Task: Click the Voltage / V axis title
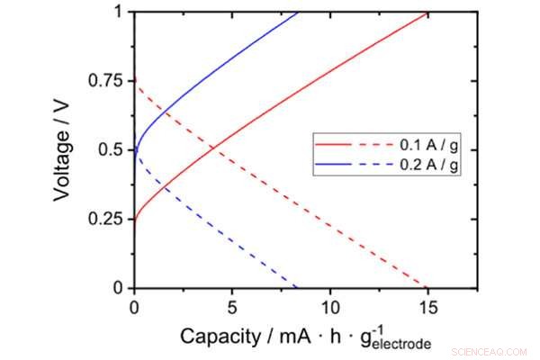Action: pos(65,149)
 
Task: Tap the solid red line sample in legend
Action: pos(330,143)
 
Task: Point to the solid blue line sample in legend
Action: pos(330,167)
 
